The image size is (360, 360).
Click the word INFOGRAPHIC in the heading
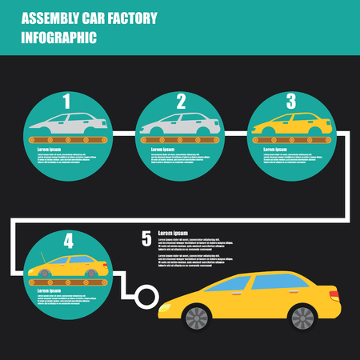(x=61, y=37)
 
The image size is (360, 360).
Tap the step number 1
(x=67, y=102)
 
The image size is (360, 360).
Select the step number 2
(x=181, y=102)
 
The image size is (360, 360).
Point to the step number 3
(x=291, y=102)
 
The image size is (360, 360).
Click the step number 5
(x=146, y=238)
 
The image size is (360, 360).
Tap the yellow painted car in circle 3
(x=290, y=125)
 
